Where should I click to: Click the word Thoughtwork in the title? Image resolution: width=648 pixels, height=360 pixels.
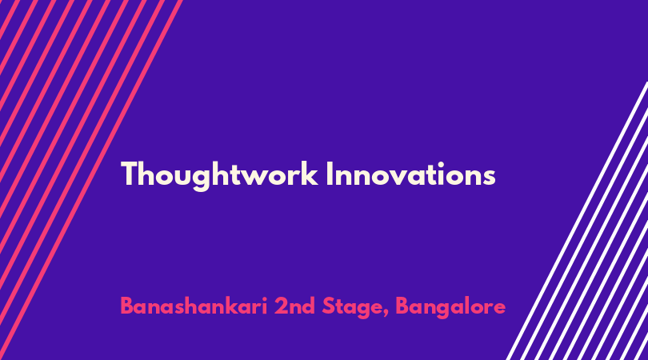point(219,175)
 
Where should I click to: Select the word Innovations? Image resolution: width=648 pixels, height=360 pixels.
point(410,174)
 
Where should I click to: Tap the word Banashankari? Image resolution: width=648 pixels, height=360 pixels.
point(194,306)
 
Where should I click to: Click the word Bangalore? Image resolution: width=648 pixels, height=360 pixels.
point(450,307)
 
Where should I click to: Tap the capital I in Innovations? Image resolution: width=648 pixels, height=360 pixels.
point(329,174)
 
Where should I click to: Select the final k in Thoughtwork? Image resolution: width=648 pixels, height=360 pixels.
point(310,174)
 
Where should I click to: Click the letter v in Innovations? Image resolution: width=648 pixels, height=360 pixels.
point(405,178)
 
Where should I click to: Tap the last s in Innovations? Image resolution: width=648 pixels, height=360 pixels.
point(489,178)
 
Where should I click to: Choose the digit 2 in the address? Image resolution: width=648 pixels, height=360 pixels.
point(281,306)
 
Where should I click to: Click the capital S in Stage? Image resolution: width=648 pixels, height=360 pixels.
point(329,306)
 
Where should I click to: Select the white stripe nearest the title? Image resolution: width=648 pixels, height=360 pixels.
point(578,221)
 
